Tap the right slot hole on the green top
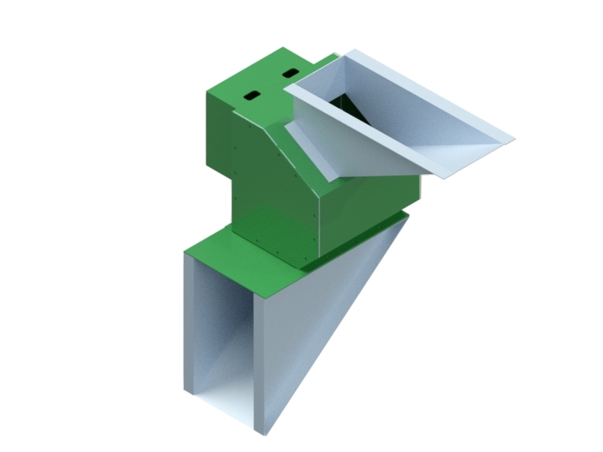click(290, 73)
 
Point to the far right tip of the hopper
click(513, 139)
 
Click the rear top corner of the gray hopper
click(349, 52)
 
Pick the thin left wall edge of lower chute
click(188, 324)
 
